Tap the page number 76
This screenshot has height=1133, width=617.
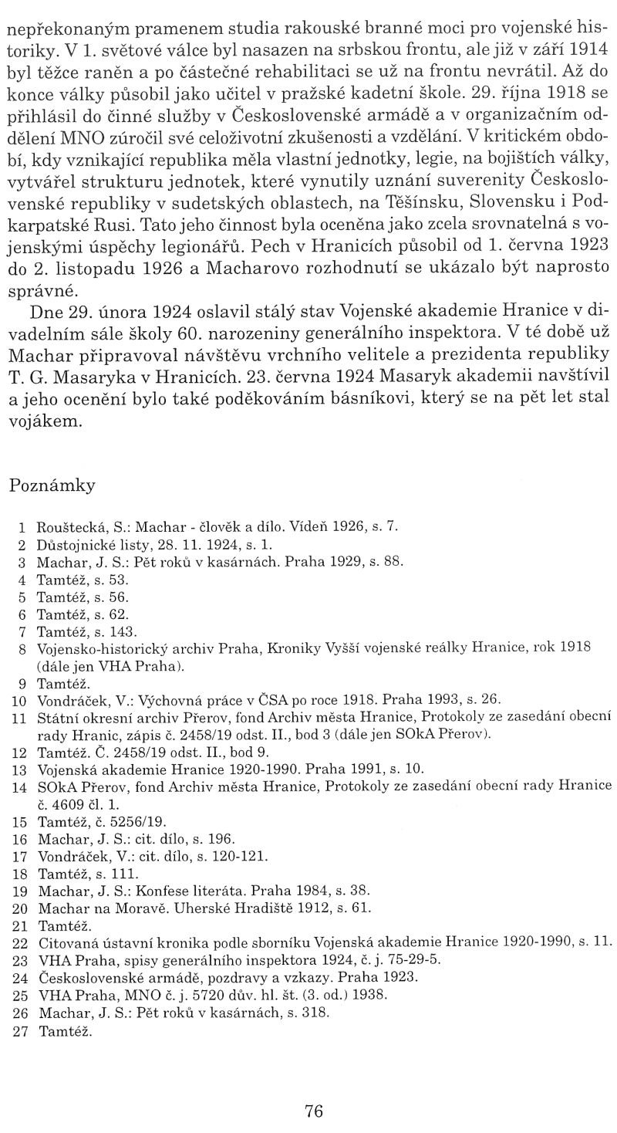pyautogui.click(x=313, y=1111)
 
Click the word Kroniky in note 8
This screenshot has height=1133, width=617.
pyautogui.click(x=297, y=649)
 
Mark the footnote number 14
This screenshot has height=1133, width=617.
pyautogui.click(x=20, y=786)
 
